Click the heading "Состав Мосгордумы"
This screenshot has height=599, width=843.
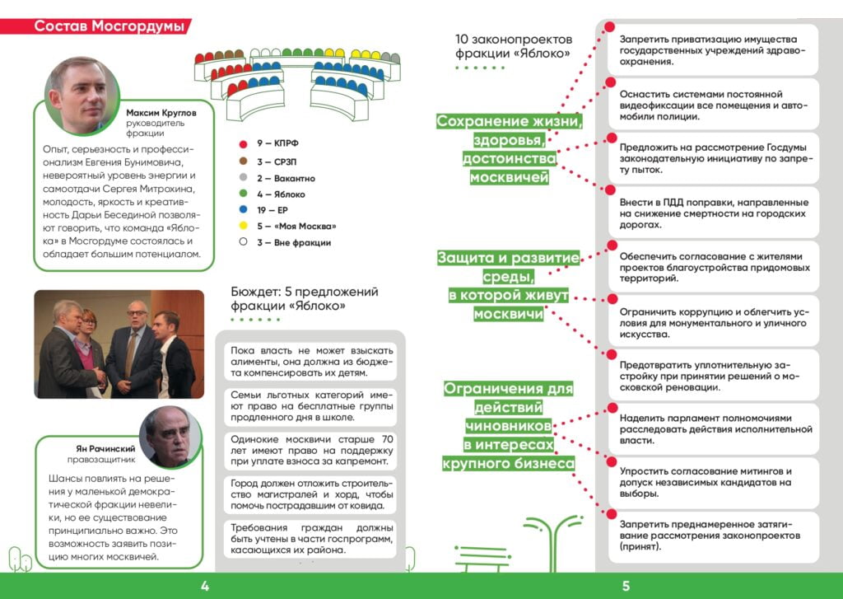109,26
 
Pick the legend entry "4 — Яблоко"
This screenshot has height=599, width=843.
281,194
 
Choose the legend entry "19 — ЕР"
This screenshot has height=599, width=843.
275,210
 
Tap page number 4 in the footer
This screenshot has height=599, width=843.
205,587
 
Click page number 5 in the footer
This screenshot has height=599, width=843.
626,587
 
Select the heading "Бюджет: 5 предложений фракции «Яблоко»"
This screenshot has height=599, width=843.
305,299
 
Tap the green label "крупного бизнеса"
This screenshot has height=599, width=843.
508,465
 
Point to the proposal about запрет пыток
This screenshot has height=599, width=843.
715,158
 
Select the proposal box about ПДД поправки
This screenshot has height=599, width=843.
715,213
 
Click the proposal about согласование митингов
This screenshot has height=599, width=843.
715,483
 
